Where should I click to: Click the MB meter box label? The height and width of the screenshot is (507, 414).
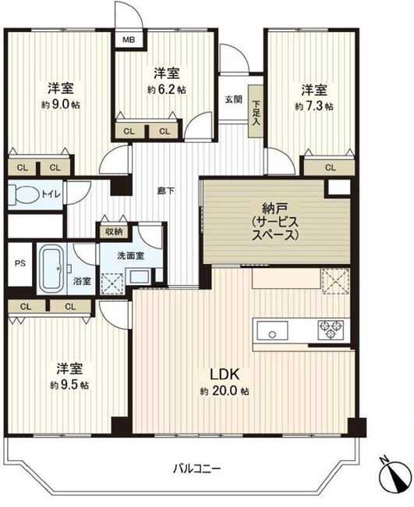coord(129,41)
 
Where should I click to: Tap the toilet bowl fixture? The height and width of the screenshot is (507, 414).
coord(23,195)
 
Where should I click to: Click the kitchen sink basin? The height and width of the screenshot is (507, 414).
coord(272,330)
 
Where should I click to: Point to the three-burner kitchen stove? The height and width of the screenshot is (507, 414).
coord(331,330)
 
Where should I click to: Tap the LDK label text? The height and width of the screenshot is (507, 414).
coord(225,374)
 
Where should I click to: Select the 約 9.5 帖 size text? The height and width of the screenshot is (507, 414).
coord(69,385)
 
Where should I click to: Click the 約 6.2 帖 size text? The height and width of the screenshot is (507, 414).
coord(166,90)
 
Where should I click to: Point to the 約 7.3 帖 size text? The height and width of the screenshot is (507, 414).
coord(314,106)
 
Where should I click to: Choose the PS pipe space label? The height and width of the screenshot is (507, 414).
coord(20,263)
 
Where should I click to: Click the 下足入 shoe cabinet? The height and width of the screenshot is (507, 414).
coord(256,111)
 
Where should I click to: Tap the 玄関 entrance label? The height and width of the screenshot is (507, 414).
coord(233,99)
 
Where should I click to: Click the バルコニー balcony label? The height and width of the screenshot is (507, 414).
coord(196,468)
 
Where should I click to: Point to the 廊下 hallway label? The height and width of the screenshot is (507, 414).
coord(165,191)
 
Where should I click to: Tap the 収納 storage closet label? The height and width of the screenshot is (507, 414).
coord(114,231)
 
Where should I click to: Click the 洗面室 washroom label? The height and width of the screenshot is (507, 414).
coord(130,255)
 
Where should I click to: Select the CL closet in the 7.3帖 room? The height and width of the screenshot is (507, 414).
coord(330,167)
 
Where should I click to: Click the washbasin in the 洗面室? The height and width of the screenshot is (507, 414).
coord(140,277)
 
